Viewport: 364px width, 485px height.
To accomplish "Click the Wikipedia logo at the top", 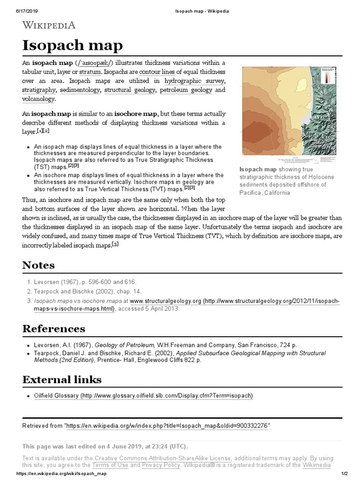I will (x=49, y=25).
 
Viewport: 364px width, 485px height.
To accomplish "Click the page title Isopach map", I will (x=73, y=45).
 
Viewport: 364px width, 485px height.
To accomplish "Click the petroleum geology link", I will (x=186, y=90).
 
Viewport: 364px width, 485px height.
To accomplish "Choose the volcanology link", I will (x=38, y=99).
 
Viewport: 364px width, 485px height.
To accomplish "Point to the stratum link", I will (x=90, y=72).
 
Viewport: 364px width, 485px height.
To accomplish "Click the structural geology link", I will (x=129, y=90).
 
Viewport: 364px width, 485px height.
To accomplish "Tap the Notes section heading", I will (x=38, y=265).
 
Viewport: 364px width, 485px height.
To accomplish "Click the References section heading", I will (x=54, y=328).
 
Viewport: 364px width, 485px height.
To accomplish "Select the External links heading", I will (x=62, y=379).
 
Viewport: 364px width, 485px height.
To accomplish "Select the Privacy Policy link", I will (x=161, y=465).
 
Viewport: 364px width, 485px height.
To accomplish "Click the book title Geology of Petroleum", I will (x=133, y=345).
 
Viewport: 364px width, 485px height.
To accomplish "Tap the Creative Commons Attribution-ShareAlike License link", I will (x=163, y=458).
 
